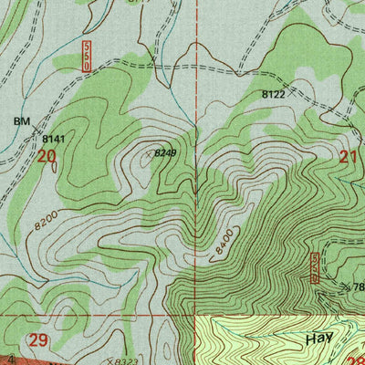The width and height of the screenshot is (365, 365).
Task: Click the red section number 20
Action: [x=47, y=156]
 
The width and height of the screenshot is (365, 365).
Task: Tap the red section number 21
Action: [x=348, y=156]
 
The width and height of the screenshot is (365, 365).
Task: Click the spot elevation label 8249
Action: [x=165, y=153]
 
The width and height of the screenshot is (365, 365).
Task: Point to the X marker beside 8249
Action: [x=149, y=154]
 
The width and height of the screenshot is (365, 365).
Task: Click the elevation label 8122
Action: [x=274, y=94]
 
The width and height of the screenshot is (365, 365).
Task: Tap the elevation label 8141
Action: [x=54, y=139]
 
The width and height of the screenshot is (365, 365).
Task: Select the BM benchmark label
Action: [x=21, y=120]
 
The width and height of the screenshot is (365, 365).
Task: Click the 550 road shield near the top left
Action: [x=87, y=56]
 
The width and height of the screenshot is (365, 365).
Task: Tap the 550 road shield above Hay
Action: [x=315, y=267]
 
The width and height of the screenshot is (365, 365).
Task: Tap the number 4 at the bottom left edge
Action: [x=10, y=360]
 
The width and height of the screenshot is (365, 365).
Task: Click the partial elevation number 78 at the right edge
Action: [x=358, y=287]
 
